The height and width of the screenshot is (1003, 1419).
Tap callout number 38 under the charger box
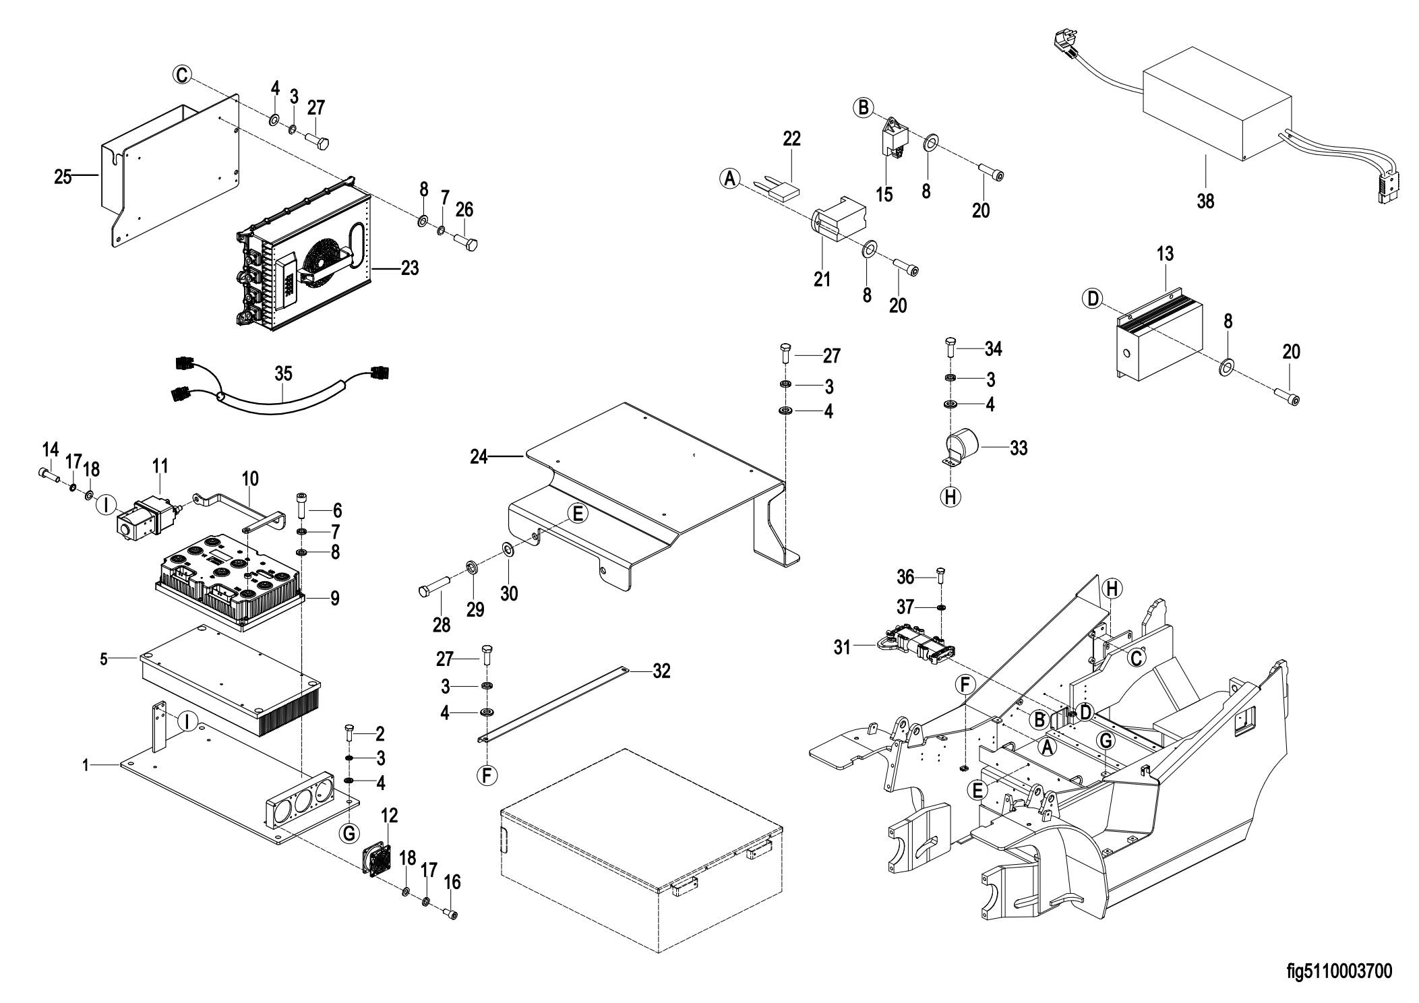click(1205, 201)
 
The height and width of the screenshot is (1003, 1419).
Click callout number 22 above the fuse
click(791, 139)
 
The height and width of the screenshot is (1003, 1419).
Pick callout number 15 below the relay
click(884, 195)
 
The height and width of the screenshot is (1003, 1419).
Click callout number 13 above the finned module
click(1165, 254)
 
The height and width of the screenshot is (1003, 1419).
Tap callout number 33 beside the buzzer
click(1019, 448)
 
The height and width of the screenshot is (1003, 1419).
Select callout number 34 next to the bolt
click(993, 349)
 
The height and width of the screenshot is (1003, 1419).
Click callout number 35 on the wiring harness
click(284, 373)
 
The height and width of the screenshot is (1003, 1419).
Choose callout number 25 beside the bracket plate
click(63, 178)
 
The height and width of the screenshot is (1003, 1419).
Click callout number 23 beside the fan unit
click(409, 268)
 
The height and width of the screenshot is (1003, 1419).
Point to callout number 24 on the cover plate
click(479, 458)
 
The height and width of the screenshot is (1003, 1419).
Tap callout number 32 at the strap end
click(661, 671)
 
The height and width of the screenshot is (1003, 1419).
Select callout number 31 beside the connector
click(843, 647)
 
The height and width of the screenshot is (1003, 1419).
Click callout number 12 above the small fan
click(389, 816)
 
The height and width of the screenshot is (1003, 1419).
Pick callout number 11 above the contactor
click(160, 466)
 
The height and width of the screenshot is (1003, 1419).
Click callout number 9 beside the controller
click(334, 598)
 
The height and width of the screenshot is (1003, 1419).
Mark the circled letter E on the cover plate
click(577, 514)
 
